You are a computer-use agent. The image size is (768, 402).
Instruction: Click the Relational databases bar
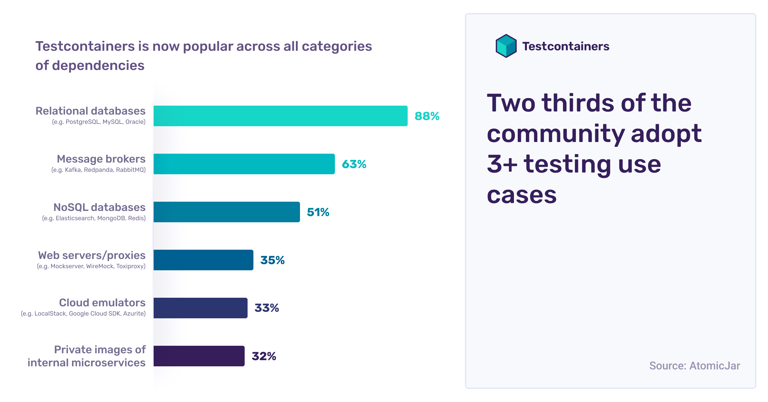[x=280, y=116]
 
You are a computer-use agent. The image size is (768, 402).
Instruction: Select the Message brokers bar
[x=244, y=164]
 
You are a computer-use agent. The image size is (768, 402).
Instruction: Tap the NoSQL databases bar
[x=227, y=212]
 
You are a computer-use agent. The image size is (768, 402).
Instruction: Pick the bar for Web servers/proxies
[x=203, y=260]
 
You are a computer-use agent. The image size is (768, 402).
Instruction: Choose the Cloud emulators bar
[x=200, y=308]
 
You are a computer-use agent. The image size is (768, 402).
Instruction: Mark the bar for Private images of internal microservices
[x=199, y=356]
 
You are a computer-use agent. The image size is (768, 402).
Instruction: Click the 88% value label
[x=427, y=116]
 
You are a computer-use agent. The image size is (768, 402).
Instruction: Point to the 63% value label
[x=354, y=164]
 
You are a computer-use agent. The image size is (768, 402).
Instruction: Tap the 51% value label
[x=318, y=212]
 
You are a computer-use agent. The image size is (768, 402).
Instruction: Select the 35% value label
[x=272, y=260]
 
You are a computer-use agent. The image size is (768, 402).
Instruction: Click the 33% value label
[x=266, y=308]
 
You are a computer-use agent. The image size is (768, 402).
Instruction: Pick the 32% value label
[x=264, y=356]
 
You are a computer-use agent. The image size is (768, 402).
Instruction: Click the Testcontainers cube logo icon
[x=506, y=46]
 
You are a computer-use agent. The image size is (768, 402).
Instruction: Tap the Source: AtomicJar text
[x=694, y=366]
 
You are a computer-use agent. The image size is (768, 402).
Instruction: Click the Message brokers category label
[x=101, y=159]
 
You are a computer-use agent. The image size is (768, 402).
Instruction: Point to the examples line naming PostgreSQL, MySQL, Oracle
[x=99, y=122]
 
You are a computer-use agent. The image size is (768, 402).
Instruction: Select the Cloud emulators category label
[x=102, y=303]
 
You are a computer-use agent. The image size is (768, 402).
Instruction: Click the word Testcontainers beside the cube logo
[x=566, y=46]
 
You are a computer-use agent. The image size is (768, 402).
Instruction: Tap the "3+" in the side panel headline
[x=502, y=164]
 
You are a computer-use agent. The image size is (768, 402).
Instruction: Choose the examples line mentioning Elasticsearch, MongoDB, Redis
[x=94, y=218]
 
